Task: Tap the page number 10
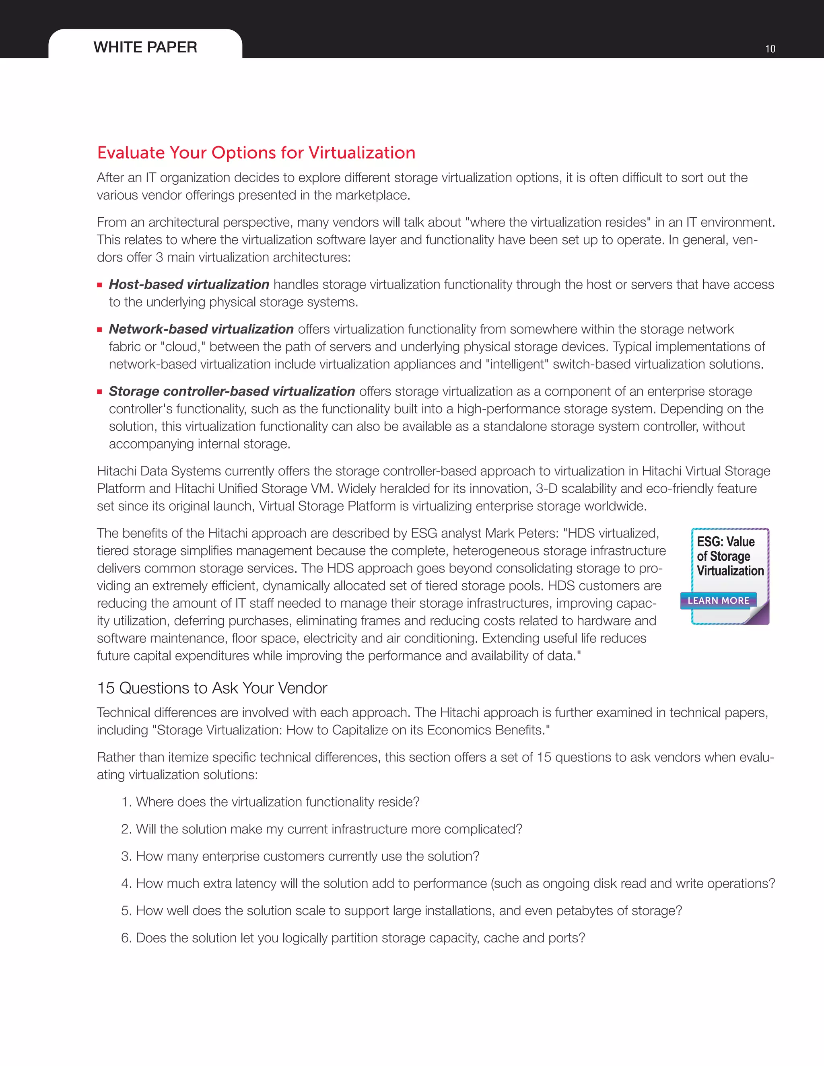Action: coord(770,49)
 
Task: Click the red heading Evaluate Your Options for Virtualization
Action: coord(256,153)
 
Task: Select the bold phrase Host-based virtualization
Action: coord(189,284)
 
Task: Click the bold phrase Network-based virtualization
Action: coord(201,329)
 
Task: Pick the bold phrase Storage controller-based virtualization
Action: coord(232,391)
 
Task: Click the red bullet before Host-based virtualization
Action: coord(100,285)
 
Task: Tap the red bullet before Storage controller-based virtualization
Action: coord(100,392)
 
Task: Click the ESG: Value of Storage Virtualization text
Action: coord(729,556)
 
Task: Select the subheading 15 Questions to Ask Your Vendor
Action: coord(212,688)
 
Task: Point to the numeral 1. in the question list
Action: coord(126,802)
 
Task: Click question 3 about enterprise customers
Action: coord(307,856)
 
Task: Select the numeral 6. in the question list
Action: coord(126,938)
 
